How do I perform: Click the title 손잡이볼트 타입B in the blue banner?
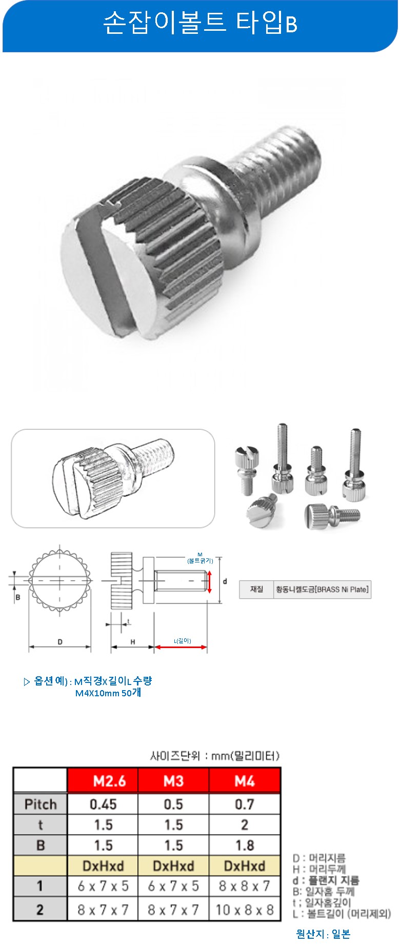point(200,23)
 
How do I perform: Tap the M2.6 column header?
point(103,780)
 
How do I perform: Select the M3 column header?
point(173,780)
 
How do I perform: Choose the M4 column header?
point(245,780)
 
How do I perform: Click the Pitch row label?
point(41,804)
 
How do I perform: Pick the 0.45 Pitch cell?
point(103,804)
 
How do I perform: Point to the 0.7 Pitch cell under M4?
point(245,804)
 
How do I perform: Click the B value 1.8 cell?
point(245,845)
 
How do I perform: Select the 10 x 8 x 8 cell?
point(245,910)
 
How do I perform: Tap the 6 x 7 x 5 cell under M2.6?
point(103,886)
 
